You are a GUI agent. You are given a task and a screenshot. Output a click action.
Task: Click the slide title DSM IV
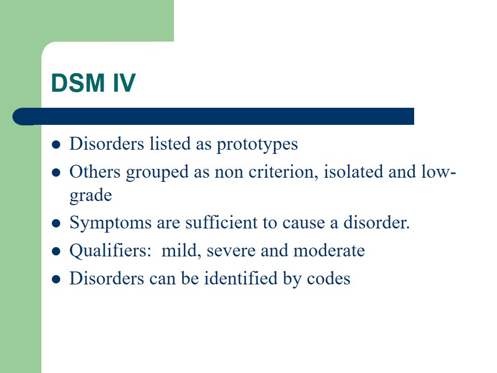94,83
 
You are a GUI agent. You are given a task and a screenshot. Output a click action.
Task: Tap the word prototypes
257,145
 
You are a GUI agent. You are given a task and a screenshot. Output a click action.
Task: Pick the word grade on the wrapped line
91,195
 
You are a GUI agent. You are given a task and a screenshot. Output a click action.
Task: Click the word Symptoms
110,223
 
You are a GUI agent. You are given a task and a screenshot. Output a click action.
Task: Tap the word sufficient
222,222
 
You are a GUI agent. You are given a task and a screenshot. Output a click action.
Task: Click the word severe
231,251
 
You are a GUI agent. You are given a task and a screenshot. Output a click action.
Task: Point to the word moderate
329,250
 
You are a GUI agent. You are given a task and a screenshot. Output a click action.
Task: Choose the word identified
241,278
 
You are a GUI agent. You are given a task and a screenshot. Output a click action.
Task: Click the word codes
329,279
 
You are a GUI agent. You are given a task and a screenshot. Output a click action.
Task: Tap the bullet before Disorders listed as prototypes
56,145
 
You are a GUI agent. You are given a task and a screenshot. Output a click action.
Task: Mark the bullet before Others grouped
56,173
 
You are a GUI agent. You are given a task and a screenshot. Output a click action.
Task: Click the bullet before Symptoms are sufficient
56,223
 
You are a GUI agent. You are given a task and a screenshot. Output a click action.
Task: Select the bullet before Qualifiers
56,252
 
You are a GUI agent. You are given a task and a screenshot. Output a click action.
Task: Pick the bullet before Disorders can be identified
56,279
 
